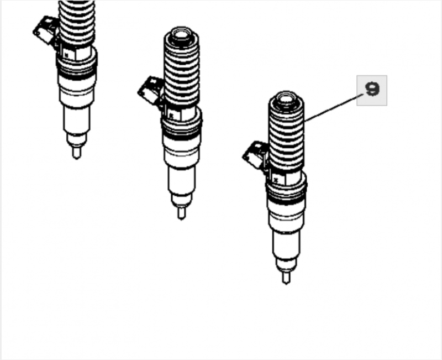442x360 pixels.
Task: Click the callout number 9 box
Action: tap(371, 90)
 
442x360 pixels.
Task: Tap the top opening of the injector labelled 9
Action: tap(286, 100)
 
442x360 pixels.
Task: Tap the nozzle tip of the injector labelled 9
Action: tap(286, 277)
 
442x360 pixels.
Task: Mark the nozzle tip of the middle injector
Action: tap(181, 212)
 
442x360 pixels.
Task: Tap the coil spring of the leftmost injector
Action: tap(77, 22)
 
